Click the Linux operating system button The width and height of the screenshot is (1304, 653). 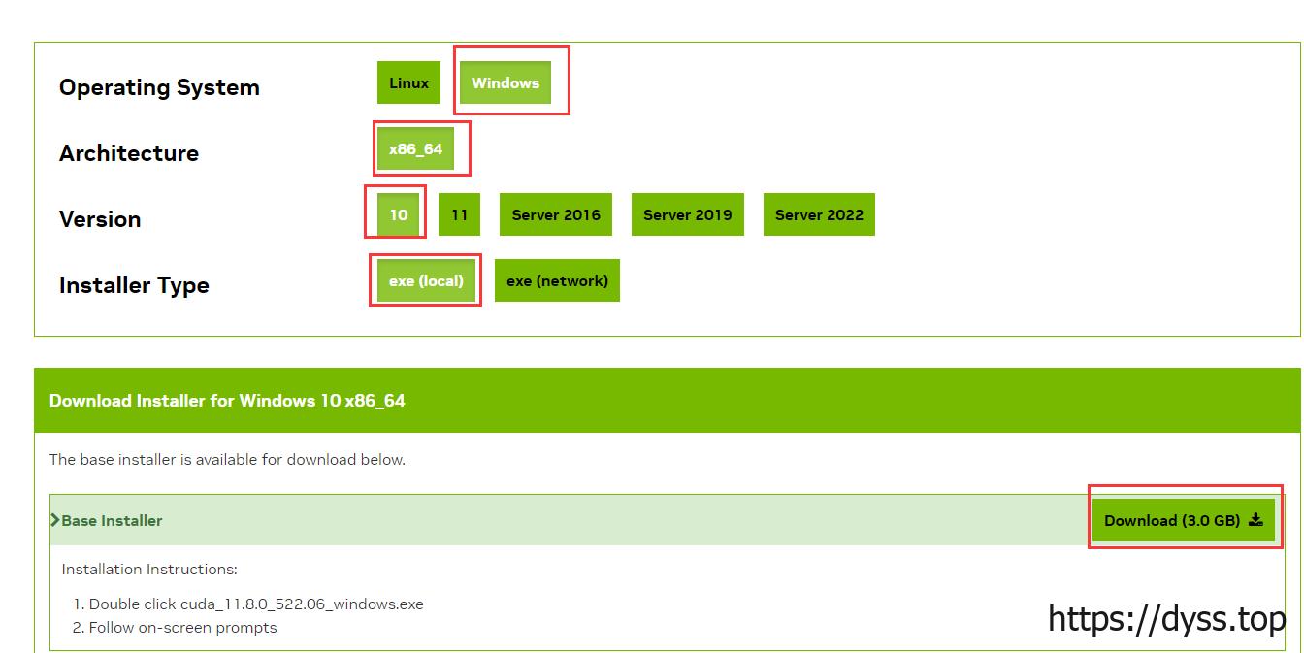pyautogui.click(x=408, y=83)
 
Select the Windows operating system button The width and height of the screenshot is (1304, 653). pyautogui.click(x=505, y=83)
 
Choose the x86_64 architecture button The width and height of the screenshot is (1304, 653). pyautogui.click(x=415, y=149)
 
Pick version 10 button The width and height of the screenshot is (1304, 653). pyautogui.click(x=399, y=214)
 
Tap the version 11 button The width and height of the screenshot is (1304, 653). pyautogui.click(x=459, y=214)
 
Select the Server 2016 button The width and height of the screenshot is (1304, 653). pyautogui.click(x=556, y=214)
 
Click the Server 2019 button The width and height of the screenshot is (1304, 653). pyautogui.click(x=687, y=214)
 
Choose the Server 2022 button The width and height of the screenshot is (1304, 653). pyautogui.click(x=819, y=214)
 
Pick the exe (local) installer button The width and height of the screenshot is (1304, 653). pyautogui.click(x=426, y=280)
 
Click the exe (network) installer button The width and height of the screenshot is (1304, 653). pyautogui.click(x=557, y=280)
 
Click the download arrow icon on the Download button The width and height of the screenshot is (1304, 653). pyautogui.click(x=1255, y=520)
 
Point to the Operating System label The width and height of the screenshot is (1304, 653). pyautogui.click(x=159, y=87)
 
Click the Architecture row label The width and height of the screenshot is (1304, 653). pyautogui.click(x=129, y=153)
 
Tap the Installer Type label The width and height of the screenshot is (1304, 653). pyautogui.click(x=134, y=285)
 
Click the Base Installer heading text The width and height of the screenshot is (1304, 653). pyautogui.click(x=112, y=521)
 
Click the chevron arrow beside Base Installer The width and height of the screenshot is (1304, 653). pyautogui.click(x=55, y=520)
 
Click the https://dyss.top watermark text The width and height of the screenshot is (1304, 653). pyautogui.click(x=1166, y=618)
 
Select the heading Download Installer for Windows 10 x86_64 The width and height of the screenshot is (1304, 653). pyautogui.click(x=227, y=400)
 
